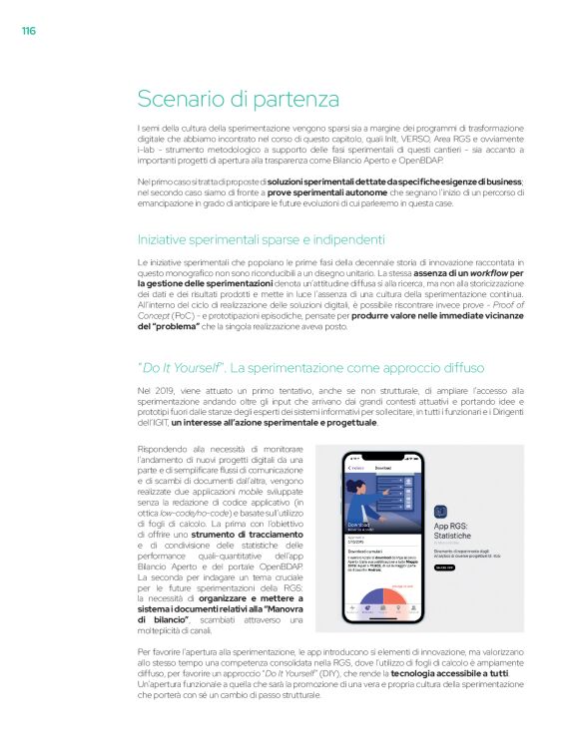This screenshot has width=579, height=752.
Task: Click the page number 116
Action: [29, 31]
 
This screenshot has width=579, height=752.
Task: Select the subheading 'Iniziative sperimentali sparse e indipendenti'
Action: [261, 239]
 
